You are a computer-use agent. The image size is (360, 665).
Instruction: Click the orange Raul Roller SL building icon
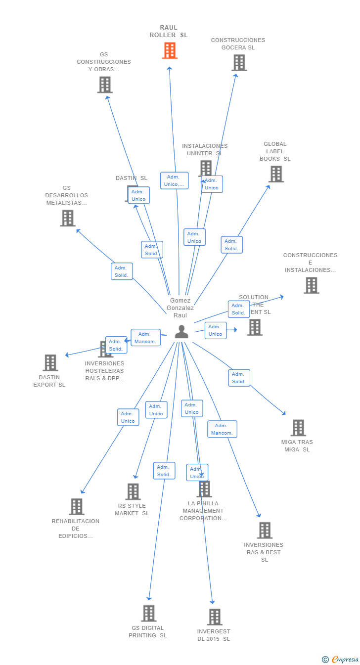[170, 50]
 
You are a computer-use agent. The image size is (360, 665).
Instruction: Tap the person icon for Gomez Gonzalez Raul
[181, 332]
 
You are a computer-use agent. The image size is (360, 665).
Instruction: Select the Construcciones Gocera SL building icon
[239, 63]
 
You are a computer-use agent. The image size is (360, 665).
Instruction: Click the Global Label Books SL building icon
[276, 174]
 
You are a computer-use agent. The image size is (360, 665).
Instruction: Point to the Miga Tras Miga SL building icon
[298, 428]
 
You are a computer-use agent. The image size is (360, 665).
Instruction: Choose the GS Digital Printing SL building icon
[148, 613]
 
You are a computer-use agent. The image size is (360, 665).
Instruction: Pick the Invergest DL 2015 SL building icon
[214, 617]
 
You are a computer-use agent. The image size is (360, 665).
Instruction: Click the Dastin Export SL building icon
[50, 362]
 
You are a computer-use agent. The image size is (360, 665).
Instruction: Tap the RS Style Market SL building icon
[133, 491]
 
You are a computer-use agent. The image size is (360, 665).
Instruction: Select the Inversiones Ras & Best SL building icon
[265, 530]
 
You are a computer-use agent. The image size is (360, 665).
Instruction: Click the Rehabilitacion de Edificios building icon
[76, 506]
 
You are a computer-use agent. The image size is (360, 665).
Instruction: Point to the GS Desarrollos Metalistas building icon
[67, 218]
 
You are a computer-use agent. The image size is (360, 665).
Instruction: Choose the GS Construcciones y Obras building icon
[104, 85]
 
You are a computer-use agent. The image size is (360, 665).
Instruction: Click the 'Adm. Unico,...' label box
[174, 180]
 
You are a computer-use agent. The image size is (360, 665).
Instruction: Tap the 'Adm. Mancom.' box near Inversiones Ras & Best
[222, 429]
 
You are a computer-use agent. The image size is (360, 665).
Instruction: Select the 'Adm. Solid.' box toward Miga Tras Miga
[239, 378]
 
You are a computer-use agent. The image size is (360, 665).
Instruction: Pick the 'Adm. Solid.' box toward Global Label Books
[231, 245]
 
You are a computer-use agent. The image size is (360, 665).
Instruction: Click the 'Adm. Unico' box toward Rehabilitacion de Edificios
[128, 417]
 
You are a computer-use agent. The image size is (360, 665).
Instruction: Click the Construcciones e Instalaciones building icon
[311, 285]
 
